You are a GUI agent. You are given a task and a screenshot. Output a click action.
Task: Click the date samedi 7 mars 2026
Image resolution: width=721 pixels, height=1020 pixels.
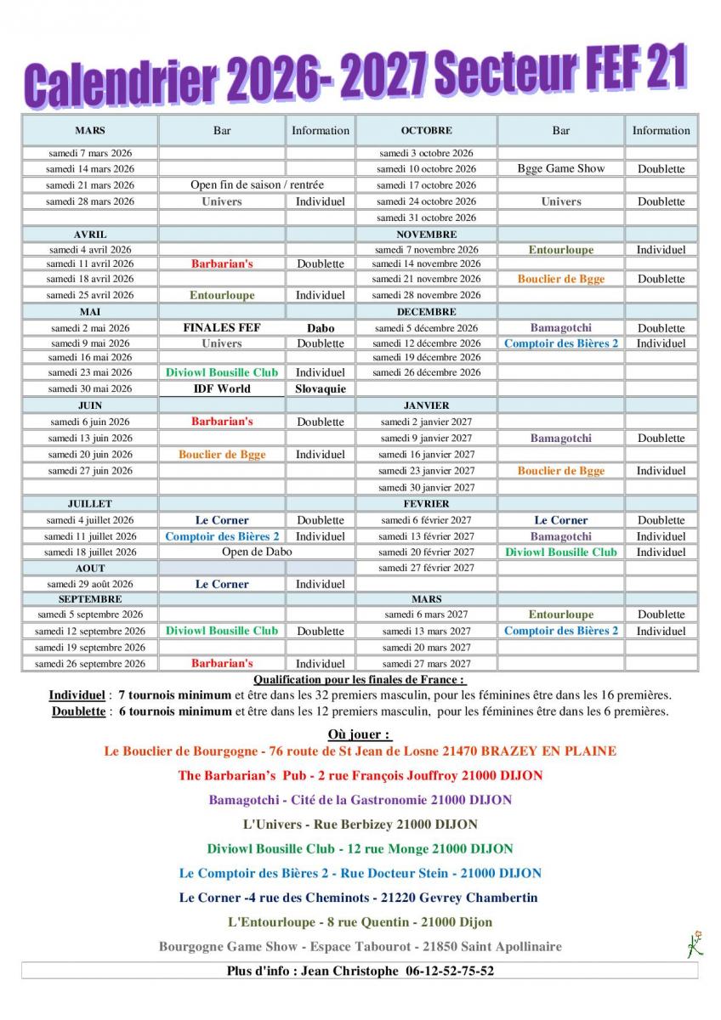[x=89, y=153]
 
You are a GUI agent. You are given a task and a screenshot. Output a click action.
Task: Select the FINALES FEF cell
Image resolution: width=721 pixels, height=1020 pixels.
[x=222, y=327]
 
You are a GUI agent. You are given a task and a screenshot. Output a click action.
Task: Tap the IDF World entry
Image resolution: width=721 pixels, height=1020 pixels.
[x=221, y=388]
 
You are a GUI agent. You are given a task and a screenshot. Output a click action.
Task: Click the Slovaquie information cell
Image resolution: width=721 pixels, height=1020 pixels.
[x=321, y=388]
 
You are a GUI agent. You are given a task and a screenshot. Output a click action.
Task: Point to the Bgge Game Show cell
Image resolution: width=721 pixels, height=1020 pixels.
[x=561, y=168]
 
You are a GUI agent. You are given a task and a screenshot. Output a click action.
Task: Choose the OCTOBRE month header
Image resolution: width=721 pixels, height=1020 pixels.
[x=426, y=130]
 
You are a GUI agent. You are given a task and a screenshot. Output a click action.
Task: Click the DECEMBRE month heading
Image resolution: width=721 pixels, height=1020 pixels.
[x=426, y=311]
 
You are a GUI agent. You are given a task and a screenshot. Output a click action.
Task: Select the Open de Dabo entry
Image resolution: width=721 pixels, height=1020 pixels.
[x=257, y=552]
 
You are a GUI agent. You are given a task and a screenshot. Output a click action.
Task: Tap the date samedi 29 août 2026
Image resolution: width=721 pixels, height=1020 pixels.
[x=89, y=584]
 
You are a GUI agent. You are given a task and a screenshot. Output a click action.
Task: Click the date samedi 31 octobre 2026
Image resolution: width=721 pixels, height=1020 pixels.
[x=426, y=218]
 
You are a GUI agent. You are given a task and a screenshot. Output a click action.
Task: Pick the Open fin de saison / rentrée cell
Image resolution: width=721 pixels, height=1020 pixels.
[x=257, y=184]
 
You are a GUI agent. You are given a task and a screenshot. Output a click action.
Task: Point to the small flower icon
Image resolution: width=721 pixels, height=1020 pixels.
[x=695, y=944]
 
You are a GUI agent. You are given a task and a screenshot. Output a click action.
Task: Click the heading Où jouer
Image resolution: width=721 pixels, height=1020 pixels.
[x=359, y=734]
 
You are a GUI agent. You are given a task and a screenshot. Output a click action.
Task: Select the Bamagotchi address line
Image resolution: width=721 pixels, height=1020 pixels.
[x=360, y=800]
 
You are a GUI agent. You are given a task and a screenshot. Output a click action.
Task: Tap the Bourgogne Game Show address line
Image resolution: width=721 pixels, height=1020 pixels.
[x=360, y=946]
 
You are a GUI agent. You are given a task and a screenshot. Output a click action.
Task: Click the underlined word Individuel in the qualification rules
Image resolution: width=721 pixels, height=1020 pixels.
[x=77, y=695]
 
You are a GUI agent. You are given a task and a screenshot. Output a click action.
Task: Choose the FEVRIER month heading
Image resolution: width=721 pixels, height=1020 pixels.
[x=426, y=503]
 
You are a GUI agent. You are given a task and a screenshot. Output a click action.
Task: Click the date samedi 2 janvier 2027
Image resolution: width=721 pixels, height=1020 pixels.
[x=426, y=422]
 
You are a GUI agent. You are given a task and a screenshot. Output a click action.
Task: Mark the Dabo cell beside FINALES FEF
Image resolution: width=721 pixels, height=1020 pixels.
[x=321, y=327]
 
